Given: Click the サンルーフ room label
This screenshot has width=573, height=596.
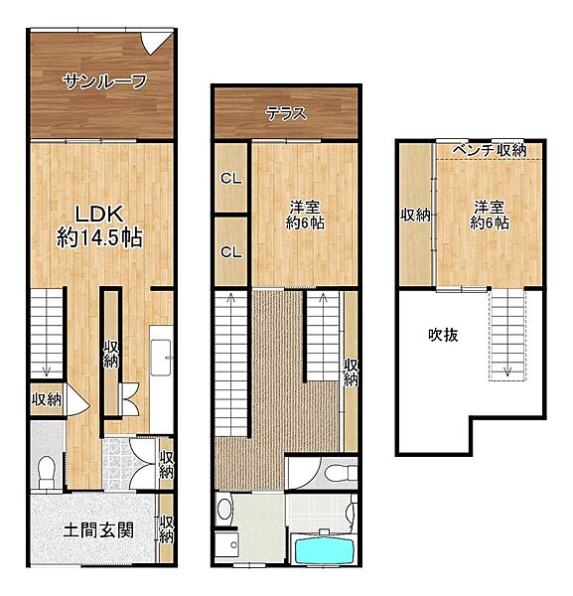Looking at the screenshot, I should (x=104, y=81).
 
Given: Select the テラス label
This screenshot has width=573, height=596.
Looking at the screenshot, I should (x=285, y=113).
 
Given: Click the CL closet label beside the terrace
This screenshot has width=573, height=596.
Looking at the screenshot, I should (x=231, y=179).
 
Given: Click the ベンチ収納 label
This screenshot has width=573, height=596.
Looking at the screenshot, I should (x=489, y=150).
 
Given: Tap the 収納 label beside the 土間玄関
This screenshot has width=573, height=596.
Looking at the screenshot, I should (x=167, y=528).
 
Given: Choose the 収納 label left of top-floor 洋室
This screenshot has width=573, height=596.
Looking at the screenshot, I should (x=415, y=215).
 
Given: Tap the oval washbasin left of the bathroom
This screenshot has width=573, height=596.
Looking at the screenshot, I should (x=225, y=511).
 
